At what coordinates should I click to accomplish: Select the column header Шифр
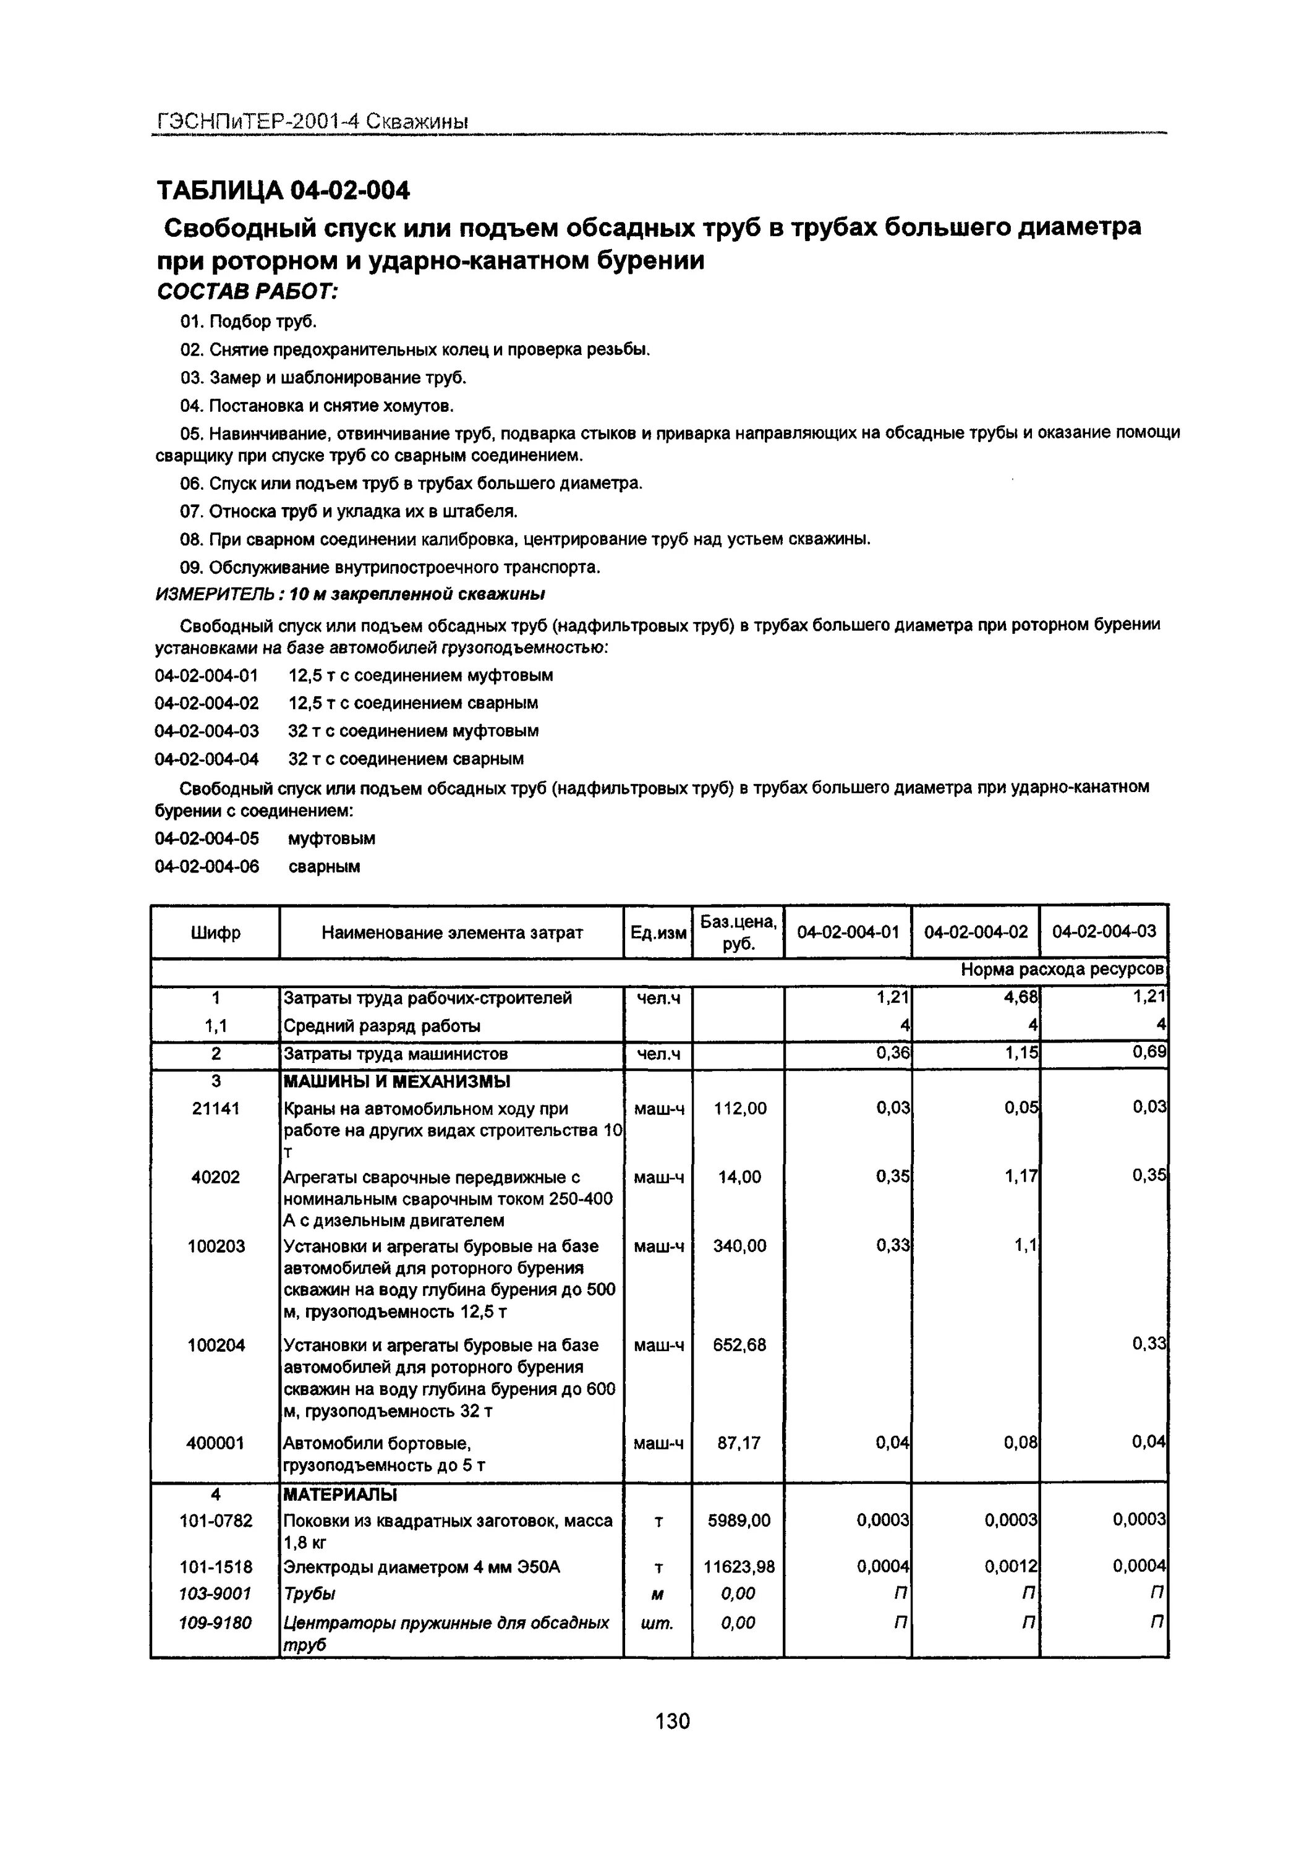pyautogui.click(x=216, y=933)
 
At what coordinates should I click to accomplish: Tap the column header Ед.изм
pyautogui.click(x=658, y=933)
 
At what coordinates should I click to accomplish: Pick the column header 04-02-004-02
pyautogui.click(x=976, y=932)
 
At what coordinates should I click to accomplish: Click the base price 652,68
pyautogui.click(x=739, y=1345)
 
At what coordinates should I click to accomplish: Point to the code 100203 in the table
pyautogui.click(x=216, y=1247)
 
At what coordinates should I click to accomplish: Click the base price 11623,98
pyautogui.click(x=739, y=1567)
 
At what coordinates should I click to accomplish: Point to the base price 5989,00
pyautogui.click(x=739, y=1520)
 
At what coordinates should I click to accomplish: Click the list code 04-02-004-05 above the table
pyautogui.click(x=207, y=838)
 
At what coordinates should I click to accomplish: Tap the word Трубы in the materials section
pyautogui.click(x=309, y=1594)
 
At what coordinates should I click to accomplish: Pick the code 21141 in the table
pyautogui.click(x=216, y=1109)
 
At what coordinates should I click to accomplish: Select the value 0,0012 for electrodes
pyautogui.click(x=1011, y=1567)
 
